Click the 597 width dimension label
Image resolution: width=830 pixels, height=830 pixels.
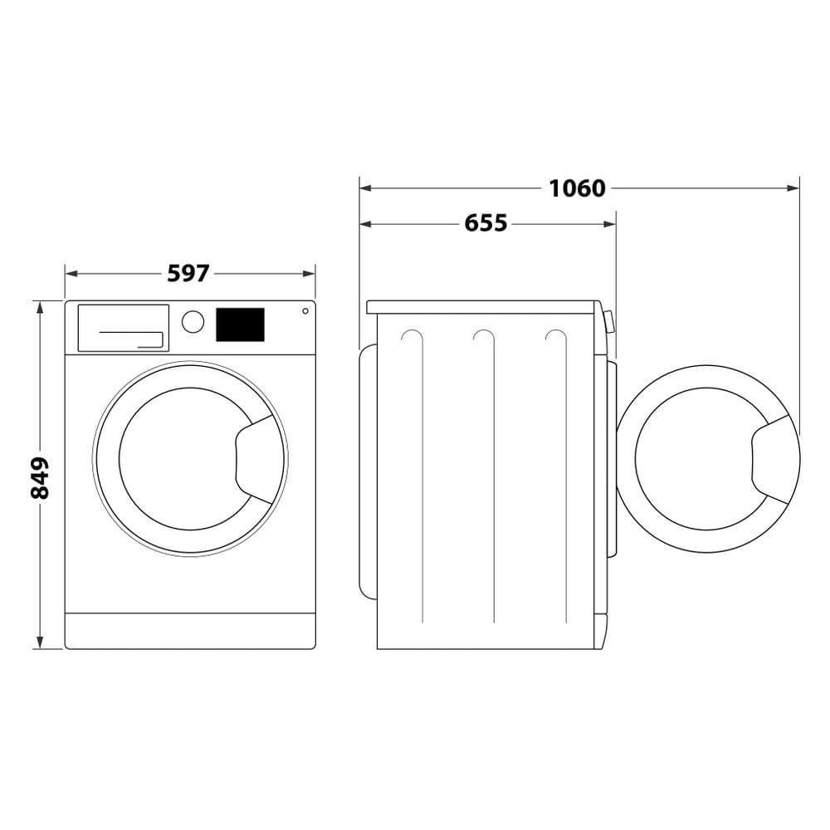(x=188, y=273)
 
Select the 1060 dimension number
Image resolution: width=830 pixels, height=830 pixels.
(x=577, y=188)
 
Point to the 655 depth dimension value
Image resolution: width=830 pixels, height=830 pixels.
(x=486, y=223)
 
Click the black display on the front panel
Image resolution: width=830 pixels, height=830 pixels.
(x=240, y=325)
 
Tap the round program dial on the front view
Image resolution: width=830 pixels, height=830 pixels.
(x=193, y=322)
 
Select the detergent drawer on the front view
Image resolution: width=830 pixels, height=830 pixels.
(x=123, y=328)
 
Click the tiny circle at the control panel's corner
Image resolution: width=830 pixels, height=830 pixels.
(x=305, y=311)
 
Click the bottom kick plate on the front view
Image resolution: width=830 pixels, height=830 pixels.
(x=190, y=631)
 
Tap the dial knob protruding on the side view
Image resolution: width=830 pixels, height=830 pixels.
(x=610, y=321)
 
